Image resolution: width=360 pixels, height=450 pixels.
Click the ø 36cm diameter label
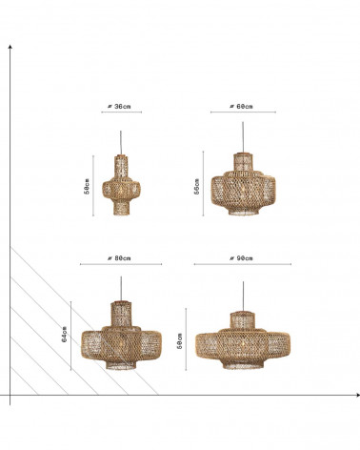click(x=119, y=107)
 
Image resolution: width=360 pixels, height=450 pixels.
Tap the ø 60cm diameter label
click(x=241, y=107)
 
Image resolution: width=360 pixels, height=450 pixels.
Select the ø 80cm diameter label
click(x=119, y=258)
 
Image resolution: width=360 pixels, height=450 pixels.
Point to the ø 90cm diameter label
click(x=241, y=258)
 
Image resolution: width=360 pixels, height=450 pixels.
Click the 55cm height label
click(x=197, y=186)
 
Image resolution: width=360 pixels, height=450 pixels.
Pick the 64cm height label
click(x=65, y=335)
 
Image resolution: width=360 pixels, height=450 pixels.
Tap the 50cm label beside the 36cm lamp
click(x=87, y=186)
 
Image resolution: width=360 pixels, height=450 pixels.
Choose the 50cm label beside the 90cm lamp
click(x=180, y=341)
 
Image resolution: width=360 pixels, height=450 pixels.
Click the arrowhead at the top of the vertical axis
click(x=10, y=47)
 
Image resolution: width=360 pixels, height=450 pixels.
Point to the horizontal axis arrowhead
click(x=358, y=395)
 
